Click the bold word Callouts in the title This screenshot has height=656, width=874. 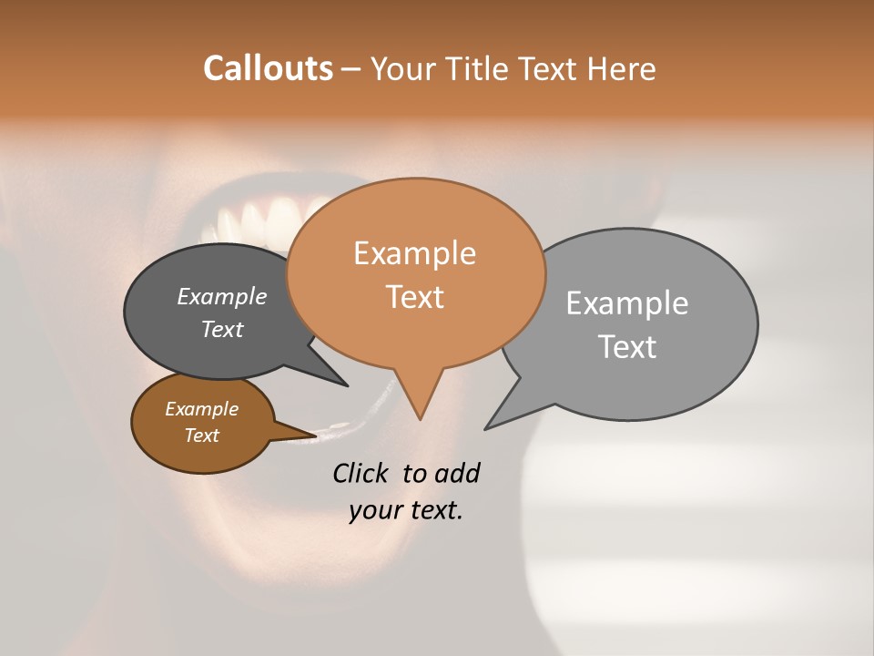268,68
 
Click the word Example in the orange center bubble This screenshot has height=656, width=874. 414,253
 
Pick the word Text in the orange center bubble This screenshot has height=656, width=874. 414,297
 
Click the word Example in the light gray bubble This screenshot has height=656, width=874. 626,303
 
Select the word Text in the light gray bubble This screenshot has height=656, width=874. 626,347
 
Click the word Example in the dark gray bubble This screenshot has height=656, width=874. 221,297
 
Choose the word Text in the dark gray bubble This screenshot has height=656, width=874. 221,330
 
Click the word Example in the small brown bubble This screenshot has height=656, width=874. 201,410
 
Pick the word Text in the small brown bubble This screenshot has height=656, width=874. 201,436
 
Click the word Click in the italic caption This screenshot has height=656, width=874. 362,473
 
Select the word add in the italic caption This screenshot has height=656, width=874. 457,473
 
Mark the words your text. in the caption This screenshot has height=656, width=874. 405,511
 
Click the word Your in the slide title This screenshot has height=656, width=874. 402,68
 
